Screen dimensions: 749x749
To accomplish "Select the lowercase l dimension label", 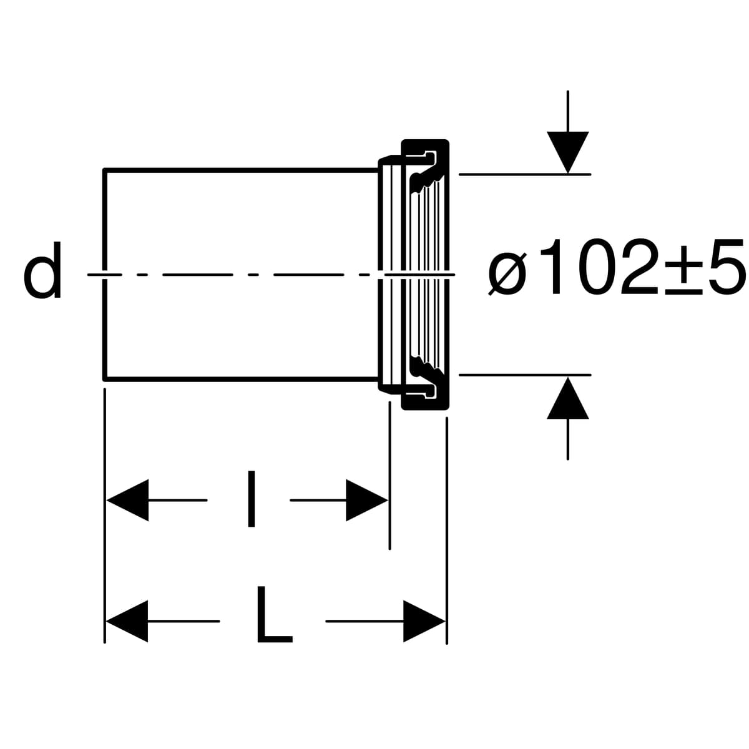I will point(251,499).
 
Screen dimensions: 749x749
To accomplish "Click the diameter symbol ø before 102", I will point(507,273).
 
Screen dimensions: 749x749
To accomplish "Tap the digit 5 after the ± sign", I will point(728,268).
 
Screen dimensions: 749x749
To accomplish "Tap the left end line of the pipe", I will point(105,218).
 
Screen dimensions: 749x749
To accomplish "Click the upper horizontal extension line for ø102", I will point(524,174).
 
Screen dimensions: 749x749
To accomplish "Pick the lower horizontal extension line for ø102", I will point(524,374).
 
